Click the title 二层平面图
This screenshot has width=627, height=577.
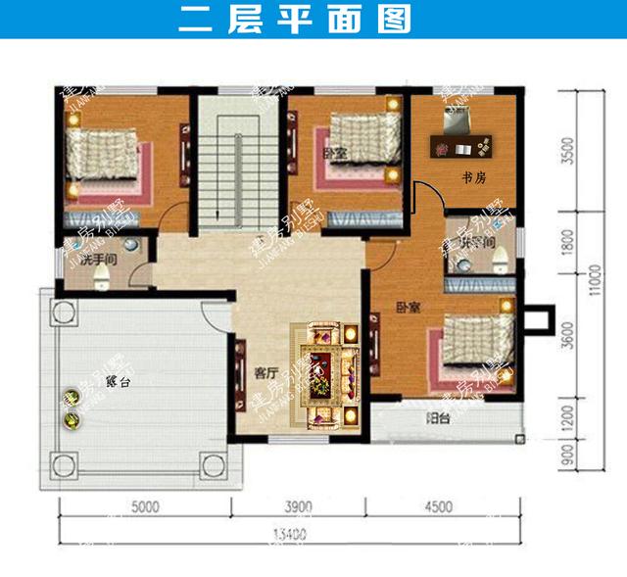295,21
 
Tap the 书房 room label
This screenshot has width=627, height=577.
474,177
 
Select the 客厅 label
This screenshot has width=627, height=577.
265,372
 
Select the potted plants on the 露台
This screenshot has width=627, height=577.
71,409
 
